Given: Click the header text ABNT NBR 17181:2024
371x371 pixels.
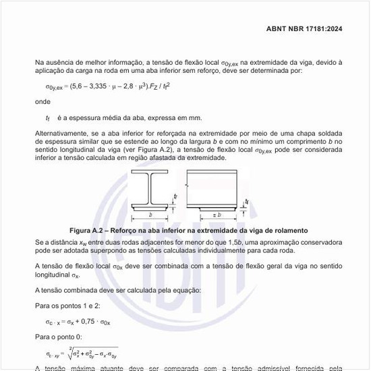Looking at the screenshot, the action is pos(312,29).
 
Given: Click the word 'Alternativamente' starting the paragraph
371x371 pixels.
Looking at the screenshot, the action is pos(62,133).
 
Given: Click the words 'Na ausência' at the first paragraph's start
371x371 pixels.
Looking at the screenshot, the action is pos(53,63).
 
